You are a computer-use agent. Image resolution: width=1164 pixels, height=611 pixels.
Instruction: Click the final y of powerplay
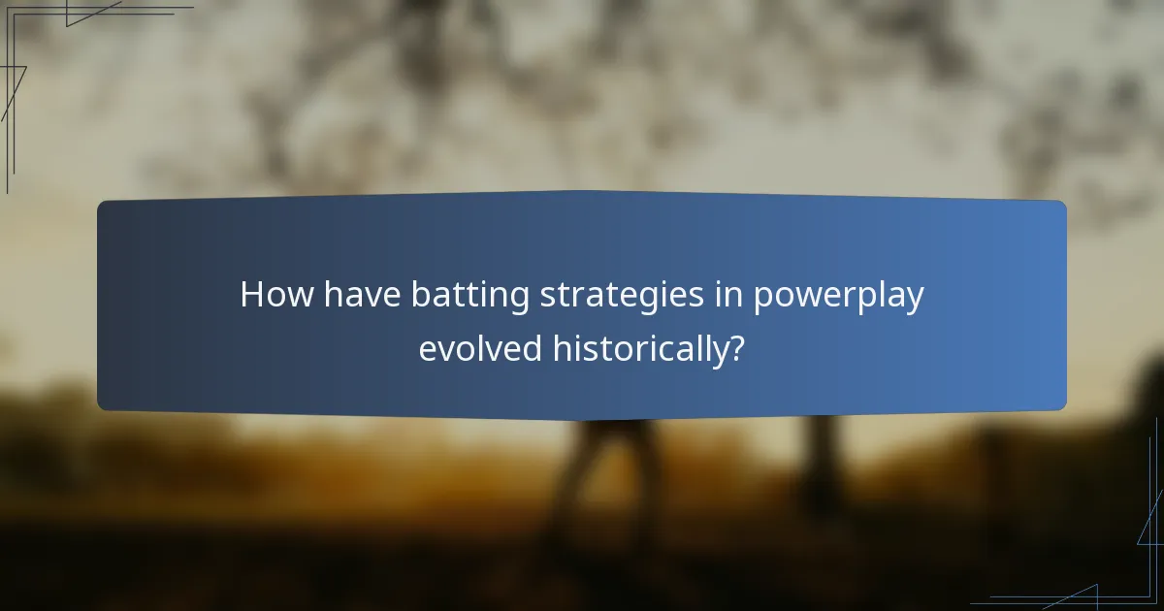click(x=914, y=300)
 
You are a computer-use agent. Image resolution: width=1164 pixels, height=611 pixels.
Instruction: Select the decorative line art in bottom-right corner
click(x=1115, y=572)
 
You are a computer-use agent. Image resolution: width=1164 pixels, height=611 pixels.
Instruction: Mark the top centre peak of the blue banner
click(x=582, y=192)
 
